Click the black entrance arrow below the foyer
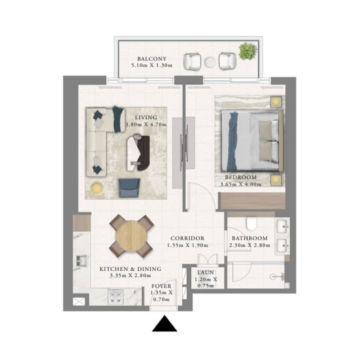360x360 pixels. pyautogui.click(x=164, y=324)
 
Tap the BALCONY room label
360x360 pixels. pyautogui.click(x=152, y=59)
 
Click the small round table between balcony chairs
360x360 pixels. pyautogui.click(x=210, y=62)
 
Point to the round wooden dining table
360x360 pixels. pyautogui.click(x=131, y=235)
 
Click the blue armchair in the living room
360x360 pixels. pyautogui.click(x=129, y=188)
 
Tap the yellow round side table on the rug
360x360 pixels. pyautogui.click(x=97, y=188)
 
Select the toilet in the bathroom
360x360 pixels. pyautogui.click(x=251, y=224)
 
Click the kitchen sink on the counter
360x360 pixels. pyautogui.click(x=81, y=261)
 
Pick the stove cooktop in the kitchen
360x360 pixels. pyautogui.click(x=116, y=297)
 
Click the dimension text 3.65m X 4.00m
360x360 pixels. pyautogui.click(x=241, y=184)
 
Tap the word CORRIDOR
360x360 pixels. pyautogui.click(x=187, y=238)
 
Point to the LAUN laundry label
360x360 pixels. pyautogui.click(x=206, y=273)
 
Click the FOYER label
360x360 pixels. pyautogui.click(x=162, y=286)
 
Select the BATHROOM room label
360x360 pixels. pyautogui.click(x=250, y=238)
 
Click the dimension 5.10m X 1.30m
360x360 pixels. pyautogui.click(x=152, y=65)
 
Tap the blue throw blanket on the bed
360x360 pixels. pyautogui.click(x=232, y=141)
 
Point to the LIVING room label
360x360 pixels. pyautogui.click(x=146, y=117)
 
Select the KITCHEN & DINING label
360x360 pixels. pyautogui.click(x=130, y=269)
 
